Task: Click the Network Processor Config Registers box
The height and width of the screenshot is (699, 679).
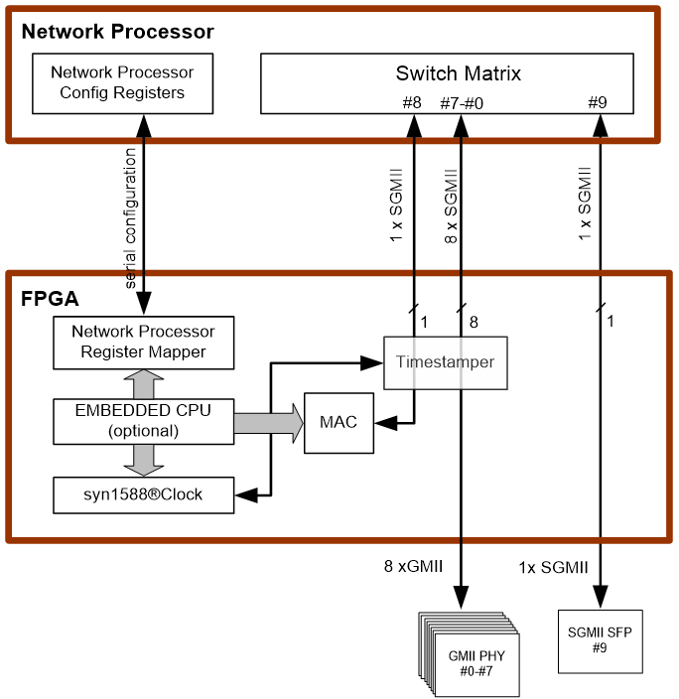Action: tap(122, 82)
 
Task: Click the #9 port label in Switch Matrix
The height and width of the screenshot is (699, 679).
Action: tap(597, 101)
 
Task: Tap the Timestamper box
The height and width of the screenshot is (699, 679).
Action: tap(445, 362)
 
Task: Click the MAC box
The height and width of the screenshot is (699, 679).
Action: tap(339, 423)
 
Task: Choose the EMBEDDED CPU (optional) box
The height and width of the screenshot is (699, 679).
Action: tap(143, 419)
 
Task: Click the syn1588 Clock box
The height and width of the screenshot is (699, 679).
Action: tap(143, 494)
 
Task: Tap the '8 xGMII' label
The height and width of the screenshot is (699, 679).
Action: tap(413, 567)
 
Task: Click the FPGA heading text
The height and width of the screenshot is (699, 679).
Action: tap(50, 298)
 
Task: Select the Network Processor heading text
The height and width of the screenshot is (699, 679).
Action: tap(117, 32)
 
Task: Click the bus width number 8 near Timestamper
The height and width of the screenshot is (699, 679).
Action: tap(474, 322)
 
